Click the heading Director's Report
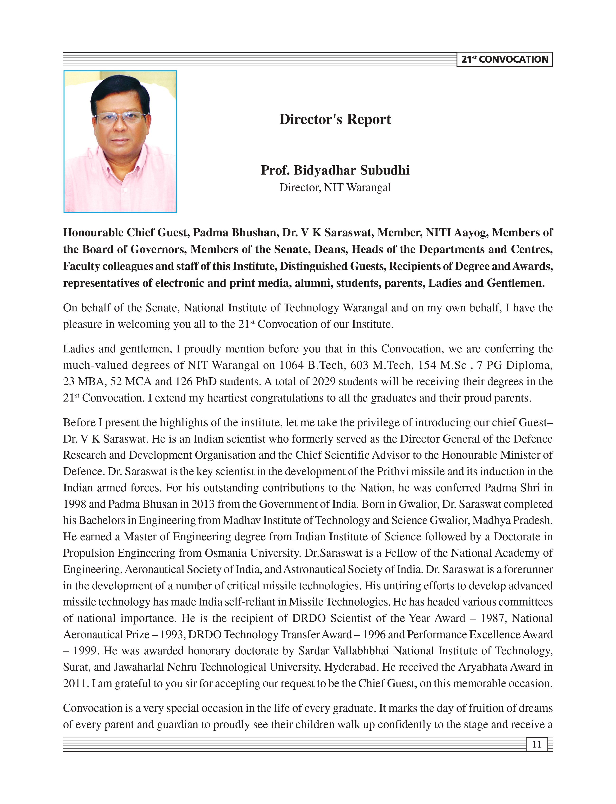(335, 119)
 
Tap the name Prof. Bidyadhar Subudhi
(335, 170)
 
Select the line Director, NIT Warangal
(335, 188)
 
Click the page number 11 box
(536, 744)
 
